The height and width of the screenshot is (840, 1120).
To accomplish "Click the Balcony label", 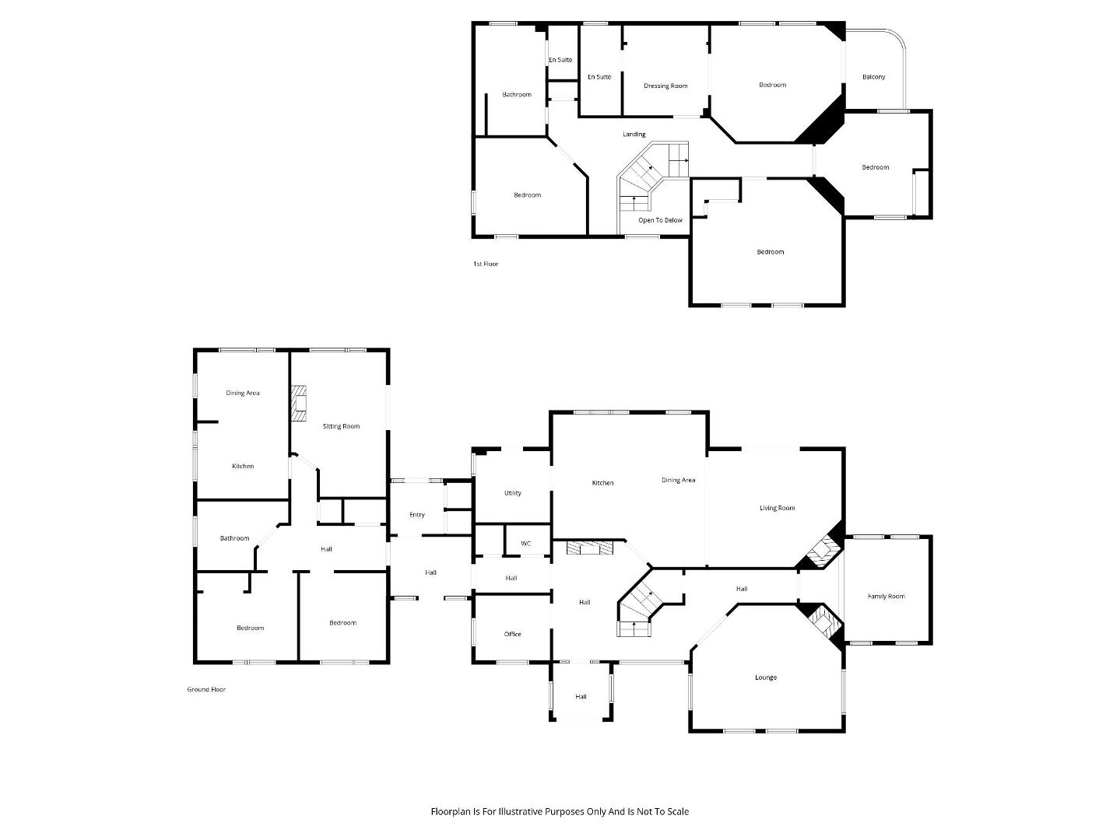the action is click(873, 77).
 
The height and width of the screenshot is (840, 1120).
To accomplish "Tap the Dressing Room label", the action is click(665, 86).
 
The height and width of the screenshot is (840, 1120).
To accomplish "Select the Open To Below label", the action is click(660, 220).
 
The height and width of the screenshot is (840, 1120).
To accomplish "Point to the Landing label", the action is click(634, 134).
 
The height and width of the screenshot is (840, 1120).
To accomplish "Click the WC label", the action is click(525, 544).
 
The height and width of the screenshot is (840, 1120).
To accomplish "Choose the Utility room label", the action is click(512, 493).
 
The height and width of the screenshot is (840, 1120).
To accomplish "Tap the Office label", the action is click(512, 634).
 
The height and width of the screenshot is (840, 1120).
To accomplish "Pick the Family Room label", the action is click(886, 596).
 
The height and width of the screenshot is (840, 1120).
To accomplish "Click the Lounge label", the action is click(765, 677).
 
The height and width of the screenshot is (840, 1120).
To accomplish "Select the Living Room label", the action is click(777, 508).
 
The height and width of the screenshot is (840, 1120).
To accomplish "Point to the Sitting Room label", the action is click(341, 426).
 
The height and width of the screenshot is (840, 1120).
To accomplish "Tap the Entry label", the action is click(417, 515).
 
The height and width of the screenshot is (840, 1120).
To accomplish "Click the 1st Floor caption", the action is click(485, 264).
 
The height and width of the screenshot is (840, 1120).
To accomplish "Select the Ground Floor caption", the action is click(206, 689).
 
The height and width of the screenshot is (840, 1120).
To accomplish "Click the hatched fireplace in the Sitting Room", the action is click(299, 404).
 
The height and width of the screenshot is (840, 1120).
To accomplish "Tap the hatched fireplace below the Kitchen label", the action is click(590, 548).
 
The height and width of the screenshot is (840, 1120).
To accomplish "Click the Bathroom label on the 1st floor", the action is click(516, 95).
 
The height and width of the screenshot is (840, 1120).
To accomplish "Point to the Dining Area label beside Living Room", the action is click(678, 480).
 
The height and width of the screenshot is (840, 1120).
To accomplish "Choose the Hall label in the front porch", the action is click(581, 697).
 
